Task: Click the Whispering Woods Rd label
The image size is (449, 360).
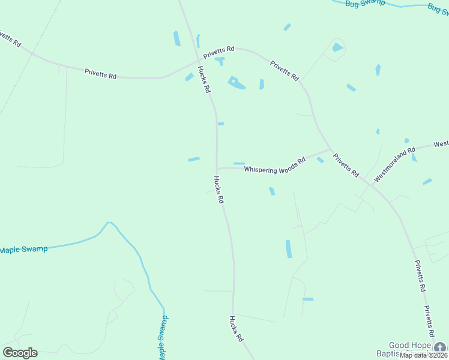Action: point(275,166)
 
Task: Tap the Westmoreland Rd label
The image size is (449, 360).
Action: point(394,165)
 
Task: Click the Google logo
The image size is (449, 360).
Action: point(20,353)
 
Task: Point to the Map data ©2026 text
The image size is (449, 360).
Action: point(424,355)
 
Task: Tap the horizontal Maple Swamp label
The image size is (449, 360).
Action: point(23,249)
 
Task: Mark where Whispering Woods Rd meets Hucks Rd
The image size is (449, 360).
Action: point(217,169)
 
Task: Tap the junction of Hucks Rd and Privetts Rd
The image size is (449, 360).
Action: point(199,60)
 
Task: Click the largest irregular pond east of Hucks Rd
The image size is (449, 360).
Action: point(236,83)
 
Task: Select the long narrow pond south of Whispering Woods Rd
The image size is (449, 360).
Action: point(289,248)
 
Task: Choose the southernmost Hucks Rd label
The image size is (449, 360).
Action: point(236,329)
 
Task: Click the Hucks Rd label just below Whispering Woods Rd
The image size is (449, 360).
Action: point(218,189)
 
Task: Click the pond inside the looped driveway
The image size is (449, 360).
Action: point(337,47)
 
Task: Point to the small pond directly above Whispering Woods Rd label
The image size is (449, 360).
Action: point(239,163)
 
